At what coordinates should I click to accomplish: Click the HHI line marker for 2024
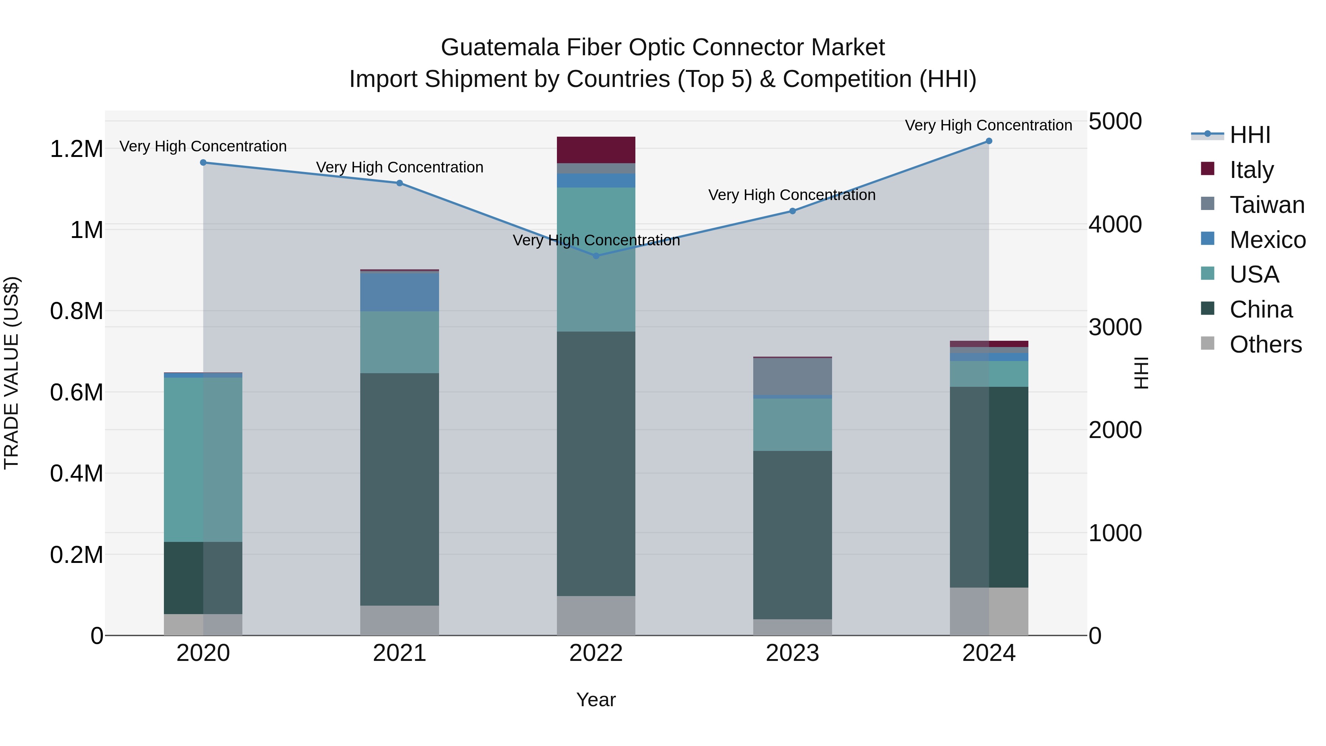[989, 141]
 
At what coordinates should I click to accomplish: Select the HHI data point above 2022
[596, 256]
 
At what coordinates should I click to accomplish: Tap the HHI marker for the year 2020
[203, 163]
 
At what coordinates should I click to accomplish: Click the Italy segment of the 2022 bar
[596, 150]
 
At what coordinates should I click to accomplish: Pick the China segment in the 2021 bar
[399, 489]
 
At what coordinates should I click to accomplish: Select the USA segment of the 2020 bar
[203, 459]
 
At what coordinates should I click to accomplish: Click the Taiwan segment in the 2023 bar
[792, 376]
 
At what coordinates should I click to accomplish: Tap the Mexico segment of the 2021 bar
[399, 291]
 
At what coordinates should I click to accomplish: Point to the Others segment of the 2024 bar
[989, 611]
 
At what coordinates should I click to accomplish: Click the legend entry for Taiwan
[1267, 205]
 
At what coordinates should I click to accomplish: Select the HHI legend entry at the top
[1250, 135]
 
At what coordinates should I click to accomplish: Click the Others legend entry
[1265, 344]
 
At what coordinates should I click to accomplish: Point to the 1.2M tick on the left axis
[76, 149]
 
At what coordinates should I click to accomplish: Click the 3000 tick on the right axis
[1115, 328]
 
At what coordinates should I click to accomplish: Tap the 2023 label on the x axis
[792, 653]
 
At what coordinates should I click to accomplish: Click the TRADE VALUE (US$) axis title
[11, 373]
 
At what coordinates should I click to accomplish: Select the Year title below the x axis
[596, 700]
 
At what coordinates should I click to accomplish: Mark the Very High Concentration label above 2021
[399, 167]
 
